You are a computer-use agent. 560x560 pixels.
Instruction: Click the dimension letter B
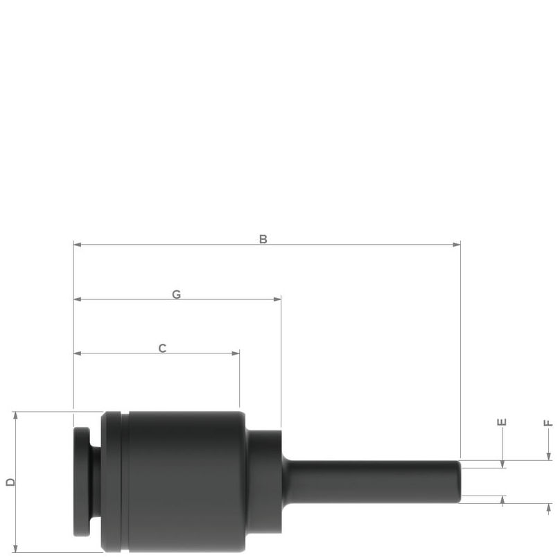[x=263, y=239]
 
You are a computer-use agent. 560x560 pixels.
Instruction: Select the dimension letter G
[x=177, y=295]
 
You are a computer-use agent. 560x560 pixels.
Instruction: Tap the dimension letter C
[x=162, y=348]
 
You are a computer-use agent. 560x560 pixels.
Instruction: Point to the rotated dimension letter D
[x=10, y=482]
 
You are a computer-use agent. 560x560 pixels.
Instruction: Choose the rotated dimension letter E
[x=502, y=422]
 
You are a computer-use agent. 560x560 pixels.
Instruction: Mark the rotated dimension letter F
[x=548, y=423]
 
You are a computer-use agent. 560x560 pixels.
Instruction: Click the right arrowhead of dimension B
[x=457, y=245]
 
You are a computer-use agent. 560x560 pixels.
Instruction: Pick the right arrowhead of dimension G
[x=277, y=299]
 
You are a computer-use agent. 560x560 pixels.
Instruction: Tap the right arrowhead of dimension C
[x=236, y=353]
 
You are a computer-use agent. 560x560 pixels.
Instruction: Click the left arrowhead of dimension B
[x=78, y=245]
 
